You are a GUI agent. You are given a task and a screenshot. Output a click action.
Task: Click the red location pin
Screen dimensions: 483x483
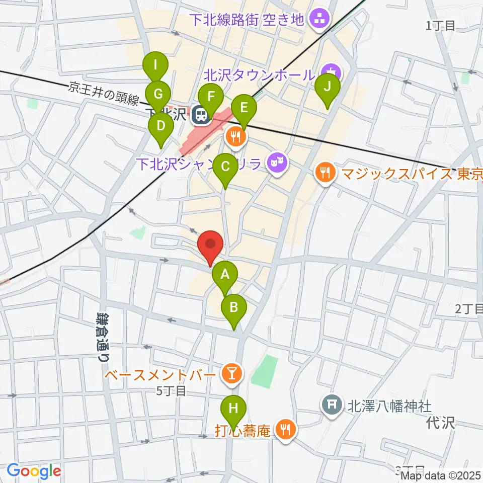(211, 245)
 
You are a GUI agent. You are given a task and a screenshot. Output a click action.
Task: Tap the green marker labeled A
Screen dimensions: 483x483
(225, 275)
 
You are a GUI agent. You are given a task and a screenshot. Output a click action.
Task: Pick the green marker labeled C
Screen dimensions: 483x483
(225, 167)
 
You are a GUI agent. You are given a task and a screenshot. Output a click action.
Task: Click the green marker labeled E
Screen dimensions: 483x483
(244, 108)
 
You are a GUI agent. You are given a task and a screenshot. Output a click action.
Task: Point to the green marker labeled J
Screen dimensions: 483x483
(327, 87)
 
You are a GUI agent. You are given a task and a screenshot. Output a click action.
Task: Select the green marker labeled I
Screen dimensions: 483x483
(156, 65)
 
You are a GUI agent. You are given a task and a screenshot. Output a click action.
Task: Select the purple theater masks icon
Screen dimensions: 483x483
(276, 162)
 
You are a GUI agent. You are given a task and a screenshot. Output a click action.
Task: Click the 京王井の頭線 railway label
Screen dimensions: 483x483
(103, 94)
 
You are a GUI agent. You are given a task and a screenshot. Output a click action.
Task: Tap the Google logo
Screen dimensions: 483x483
(34, 471)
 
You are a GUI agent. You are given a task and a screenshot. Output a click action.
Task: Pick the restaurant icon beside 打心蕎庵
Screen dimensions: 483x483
(286, 430)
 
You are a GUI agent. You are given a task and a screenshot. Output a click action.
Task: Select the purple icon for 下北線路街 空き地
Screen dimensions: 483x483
(318, 21)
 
